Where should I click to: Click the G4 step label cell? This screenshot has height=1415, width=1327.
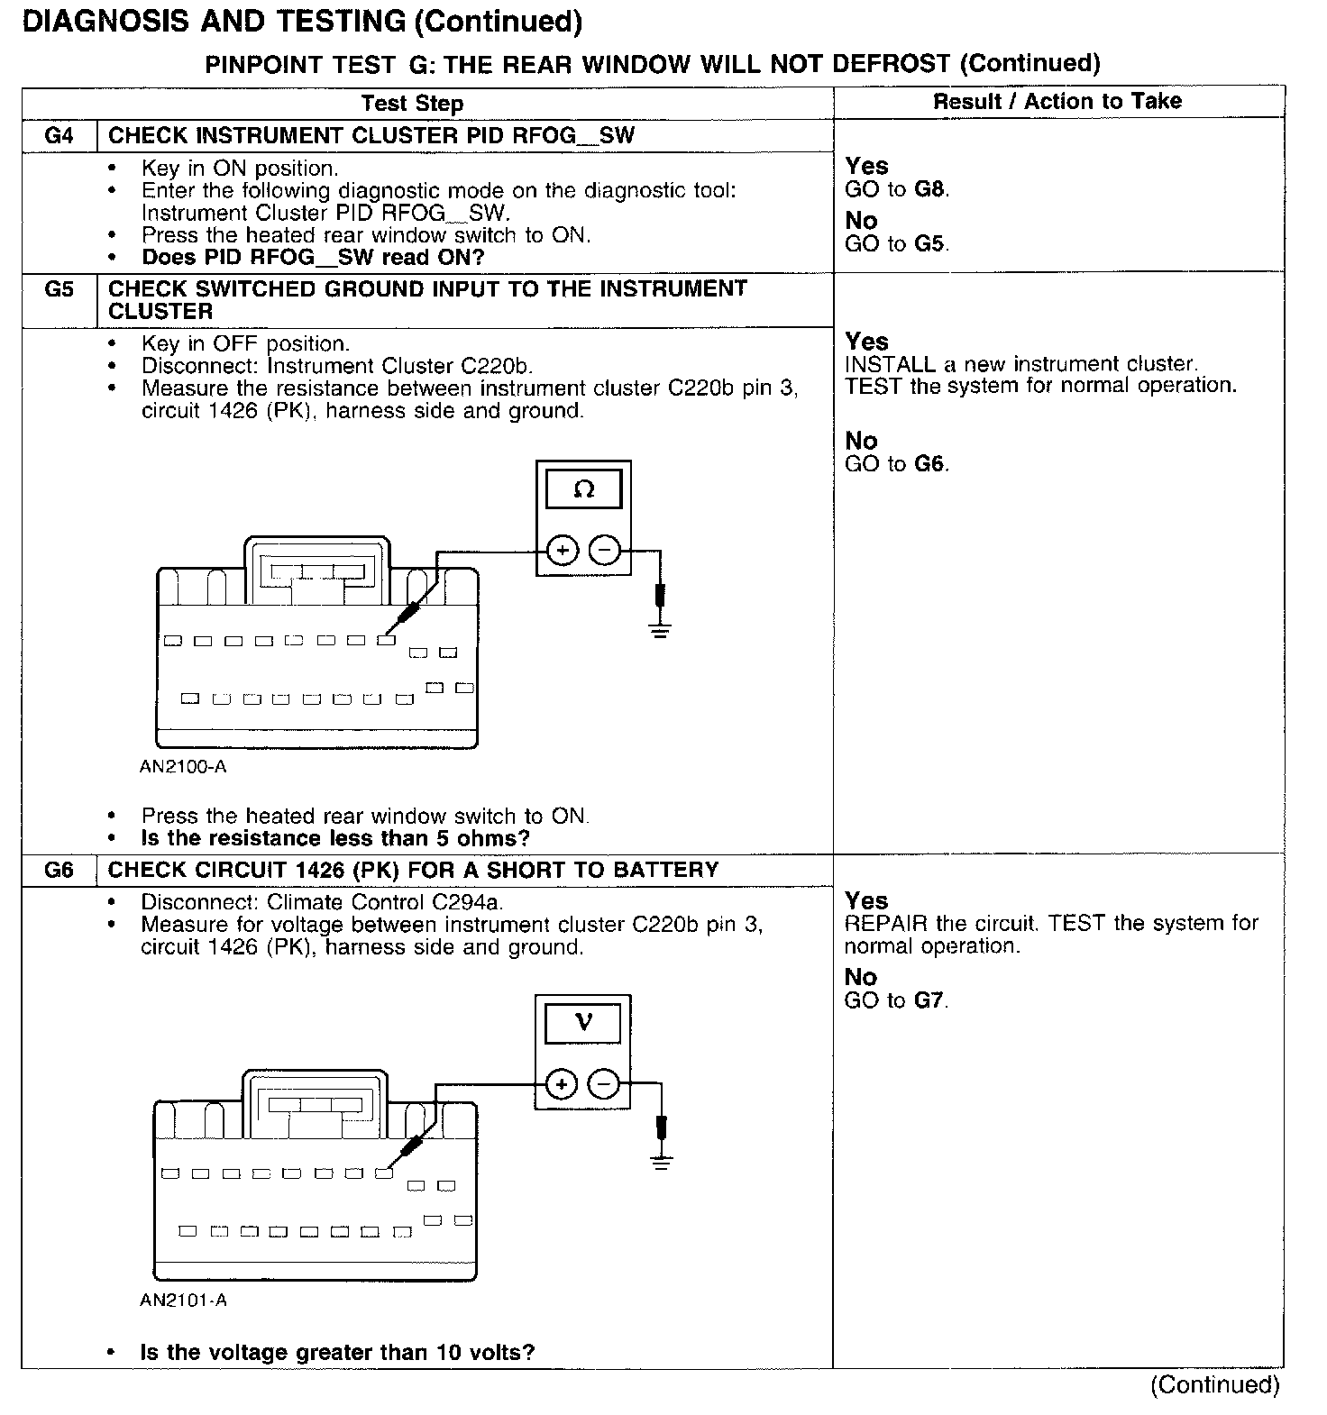[x=59, y=136]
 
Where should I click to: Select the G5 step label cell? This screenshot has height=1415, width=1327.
[x=59, y=289]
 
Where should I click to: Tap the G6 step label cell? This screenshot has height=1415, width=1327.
[x=59, y=871]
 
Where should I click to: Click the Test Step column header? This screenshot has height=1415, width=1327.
[x=413, y=104]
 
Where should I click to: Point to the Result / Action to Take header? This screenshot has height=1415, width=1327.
[x=1057, y=102]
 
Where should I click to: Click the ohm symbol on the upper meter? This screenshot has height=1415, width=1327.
[x=584, y=489]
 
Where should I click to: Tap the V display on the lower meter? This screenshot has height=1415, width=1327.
[x=583, y=1023]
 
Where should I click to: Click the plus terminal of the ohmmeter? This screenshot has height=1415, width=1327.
[x=563, y=550]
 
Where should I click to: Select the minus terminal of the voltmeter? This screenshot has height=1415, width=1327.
[x=604, y=1083]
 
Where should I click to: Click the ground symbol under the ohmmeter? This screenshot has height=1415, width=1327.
[x=661, y=628]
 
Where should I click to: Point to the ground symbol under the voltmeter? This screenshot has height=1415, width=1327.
[x=662, y=1162]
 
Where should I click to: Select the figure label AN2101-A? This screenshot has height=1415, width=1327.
[x=183, y=1301]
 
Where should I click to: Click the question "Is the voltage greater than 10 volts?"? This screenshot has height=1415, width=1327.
[x=337, y=1352]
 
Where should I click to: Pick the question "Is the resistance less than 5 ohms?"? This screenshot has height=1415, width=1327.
[x=335, y=838]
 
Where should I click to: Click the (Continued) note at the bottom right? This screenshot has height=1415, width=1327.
[x=1214, y=1384]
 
